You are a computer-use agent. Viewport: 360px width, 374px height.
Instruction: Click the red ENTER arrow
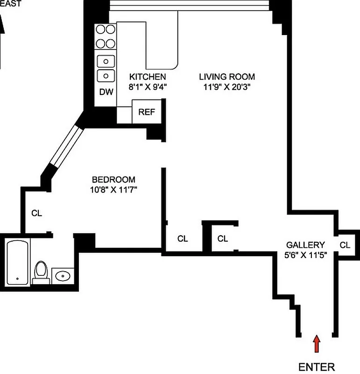pyautogui.click(x=317, y=344)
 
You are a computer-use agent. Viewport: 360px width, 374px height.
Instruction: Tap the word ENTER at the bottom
pyautogui.click(x=317, y=367)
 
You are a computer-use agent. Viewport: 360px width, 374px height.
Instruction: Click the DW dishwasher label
pyautogui.click(x=106, y=92)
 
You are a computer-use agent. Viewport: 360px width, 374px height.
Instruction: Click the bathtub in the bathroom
pyautogui.click(x=18, y=262)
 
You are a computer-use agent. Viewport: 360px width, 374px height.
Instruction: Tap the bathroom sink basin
pyautogui.click(x=62, y=276)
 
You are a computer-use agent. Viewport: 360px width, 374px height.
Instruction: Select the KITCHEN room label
pyautogui.click(x=147, y=77)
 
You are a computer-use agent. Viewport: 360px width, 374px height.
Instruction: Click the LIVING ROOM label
pyautogui.click(x=227, y=77)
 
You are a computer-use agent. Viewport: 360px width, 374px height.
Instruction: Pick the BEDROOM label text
pyautogui.click(x=113, y=180)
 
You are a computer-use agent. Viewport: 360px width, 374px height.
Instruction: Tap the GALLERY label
pyautogui.click(x=305, y=245)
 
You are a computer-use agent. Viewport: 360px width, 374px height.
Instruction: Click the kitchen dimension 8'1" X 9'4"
pyautogui.click(x=147, y=86)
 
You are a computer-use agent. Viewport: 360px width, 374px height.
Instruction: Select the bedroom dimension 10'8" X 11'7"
pyautogui.click(x=113, y=190)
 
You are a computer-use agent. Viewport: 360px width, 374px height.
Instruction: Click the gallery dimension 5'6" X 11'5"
pyautogui.click(x=305, y=255)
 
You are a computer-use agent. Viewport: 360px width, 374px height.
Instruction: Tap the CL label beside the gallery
pyautogui.click(x=345, y=245)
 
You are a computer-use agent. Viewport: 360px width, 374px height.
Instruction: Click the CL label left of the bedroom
pyautogui.click(x=37, y=213)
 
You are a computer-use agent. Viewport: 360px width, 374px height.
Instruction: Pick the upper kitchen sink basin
pyautogui.click(x=106, y=60)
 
